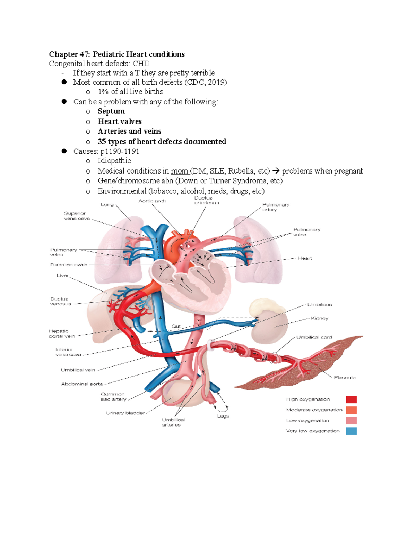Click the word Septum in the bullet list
(x=111, y=111)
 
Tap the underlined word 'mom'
(x=179, y=171)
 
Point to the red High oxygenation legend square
(x=351, y=399)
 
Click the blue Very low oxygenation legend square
(x=351, y=431)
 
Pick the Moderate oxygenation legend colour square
(x=351, y=410)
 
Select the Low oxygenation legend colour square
(x=351, y=421)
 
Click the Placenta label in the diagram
(x=345, y=377)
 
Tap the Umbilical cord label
(x=314, y=337)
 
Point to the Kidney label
(x=319, y=318)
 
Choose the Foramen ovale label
(x=69, y=265)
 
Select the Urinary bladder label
(x=125, y=413)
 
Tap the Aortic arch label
(x=152, y=201)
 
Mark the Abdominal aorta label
(x=82, y=384)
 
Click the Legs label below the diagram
(x=223, y=416)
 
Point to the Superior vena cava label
(x=77, y=216)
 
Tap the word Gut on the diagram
(x=176, y=326)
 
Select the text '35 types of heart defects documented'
(x=162, y=142)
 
